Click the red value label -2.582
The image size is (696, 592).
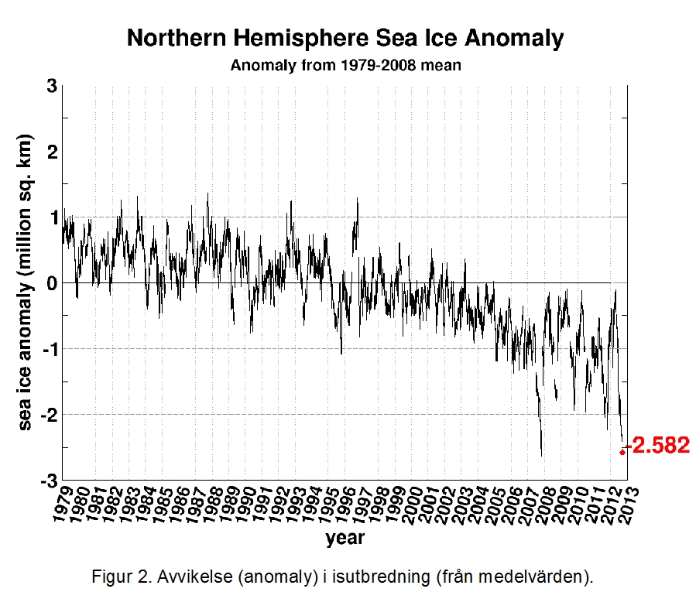point(659,447)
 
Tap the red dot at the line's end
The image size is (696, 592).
point(622,452)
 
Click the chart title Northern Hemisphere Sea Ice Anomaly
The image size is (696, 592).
point(345,39)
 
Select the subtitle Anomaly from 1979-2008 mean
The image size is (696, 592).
point(346,65)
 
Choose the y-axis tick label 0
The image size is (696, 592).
point(51,283)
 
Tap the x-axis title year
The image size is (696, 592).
point(345,537)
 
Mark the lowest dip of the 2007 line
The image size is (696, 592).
point(541,456)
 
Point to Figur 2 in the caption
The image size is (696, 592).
point(117,577)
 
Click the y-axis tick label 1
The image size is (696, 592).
point(51,217)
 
